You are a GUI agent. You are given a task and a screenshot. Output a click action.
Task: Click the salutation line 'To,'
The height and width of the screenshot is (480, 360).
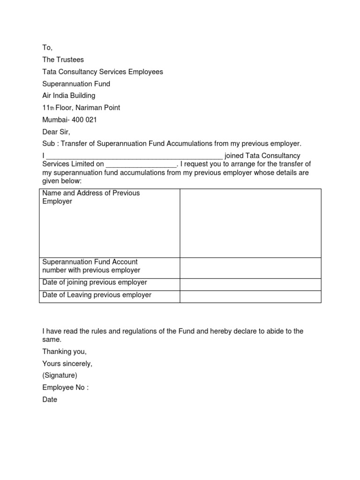click(47, 48)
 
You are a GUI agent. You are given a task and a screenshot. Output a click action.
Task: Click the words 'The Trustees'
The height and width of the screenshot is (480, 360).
click(63, 60)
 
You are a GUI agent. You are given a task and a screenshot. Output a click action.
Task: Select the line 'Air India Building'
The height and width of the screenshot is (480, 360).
click(69, 96)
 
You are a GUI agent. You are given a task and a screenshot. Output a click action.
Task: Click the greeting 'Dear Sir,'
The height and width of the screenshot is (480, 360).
click(56, 132)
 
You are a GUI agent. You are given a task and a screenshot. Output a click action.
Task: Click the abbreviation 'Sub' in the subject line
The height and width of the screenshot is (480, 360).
click(49, 143)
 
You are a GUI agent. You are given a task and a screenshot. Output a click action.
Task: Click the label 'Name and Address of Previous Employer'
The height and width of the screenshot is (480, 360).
click(91, 197)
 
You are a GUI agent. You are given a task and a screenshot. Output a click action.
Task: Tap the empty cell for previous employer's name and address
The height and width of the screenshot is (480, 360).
click(250, 223)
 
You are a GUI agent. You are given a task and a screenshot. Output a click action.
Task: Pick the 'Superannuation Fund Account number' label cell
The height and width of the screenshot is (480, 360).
click(91, 266)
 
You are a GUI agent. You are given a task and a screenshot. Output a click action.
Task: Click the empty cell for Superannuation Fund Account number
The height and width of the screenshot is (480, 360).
click(250, 268)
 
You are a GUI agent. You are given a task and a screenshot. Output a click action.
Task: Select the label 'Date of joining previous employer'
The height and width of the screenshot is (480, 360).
click(94, 283)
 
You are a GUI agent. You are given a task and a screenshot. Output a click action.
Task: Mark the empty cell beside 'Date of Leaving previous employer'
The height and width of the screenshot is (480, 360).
click(250, 296)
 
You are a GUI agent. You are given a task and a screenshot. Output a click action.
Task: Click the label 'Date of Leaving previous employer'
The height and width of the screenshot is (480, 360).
click(97, 295)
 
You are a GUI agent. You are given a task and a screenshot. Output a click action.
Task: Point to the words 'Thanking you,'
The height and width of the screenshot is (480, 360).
click(64, 351)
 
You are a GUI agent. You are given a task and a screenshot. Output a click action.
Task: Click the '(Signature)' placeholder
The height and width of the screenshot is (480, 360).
click(60, 375)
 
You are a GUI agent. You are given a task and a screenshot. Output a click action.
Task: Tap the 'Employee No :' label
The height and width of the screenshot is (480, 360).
click(65, 387)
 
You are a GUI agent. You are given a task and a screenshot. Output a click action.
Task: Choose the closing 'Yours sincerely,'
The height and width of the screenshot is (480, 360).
click(67, 363)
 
